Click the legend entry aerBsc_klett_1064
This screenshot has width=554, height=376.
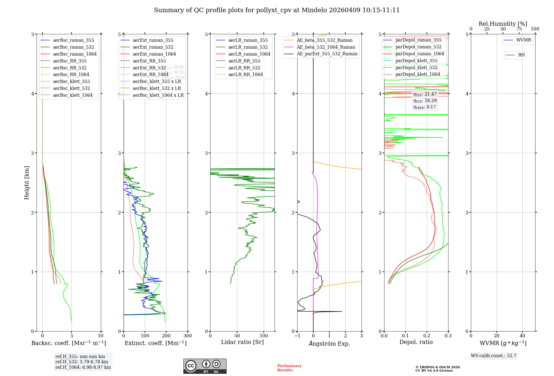73,95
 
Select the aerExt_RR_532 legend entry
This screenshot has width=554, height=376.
149,68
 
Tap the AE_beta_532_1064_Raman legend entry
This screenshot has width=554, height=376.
326,47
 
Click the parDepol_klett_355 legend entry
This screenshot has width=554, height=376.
416,61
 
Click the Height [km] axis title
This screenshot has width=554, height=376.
27,182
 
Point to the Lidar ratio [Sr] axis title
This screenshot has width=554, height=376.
242,342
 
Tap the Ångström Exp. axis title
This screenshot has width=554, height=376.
329,343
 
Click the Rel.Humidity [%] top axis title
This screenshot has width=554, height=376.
503,24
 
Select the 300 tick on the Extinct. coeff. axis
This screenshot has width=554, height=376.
188,336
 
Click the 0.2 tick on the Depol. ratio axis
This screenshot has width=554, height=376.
427,336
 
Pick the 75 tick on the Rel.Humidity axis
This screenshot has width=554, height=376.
519,29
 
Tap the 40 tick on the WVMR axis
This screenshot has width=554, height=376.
522,336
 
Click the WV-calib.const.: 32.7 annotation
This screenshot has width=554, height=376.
494,356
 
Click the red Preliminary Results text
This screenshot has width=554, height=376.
289,368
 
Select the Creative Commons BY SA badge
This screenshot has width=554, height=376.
205,366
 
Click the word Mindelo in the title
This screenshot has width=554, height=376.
314,10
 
